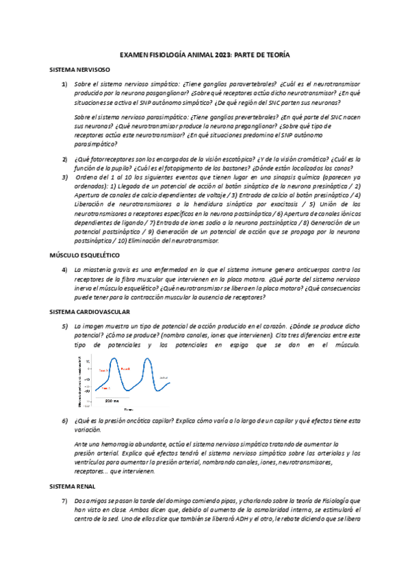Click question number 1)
tap(64, 84)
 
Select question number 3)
tap(64, 177)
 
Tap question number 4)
tap(64, 269)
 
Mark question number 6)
tap(64, 420)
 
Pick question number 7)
tap(64, 502)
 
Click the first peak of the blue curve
tap(107, 362)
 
